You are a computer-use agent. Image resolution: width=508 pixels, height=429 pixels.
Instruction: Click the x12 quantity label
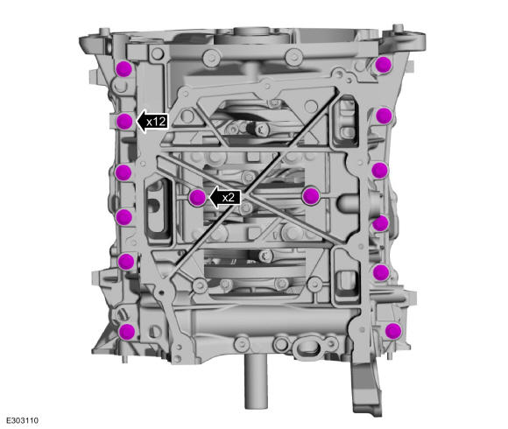(157, 122)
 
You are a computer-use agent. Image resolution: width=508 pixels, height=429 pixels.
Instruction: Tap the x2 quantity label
(229, 197)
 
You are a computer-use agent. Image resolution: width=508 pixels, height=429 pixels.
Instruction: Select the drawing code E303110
(23, 420)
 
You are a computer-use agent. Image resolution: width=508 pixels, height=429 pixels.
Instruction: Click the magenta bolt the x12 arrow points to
(124, 122)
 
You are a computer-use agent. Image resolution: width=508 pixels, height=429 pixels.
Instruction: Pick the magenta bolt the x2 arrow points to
(197, 198)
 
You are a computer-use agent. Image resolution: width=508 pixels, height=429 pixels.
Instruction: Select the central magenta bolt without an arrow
(311, 196)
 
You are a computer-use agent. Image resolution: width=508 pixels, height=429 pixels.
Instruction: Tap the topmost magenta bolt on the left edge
(124, 68)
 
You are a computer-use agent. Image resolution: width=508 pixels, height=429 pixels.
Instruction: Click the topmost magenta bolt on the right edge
(384, 64)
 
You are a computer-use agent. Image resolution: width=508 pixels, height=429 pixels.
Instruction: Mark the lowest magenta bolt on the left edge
(126, 332)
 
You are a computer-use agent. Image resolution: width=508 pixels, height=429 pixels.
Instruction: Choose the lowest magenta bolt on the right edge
(393, 331)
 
